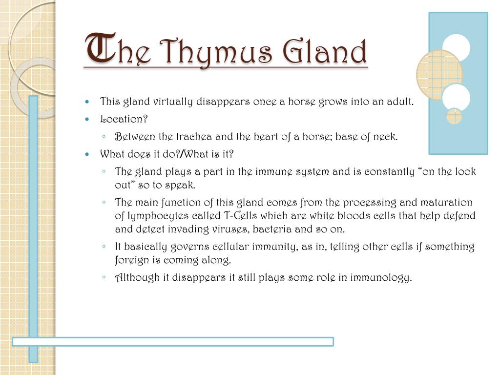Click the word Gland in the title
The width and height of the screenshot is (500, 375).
click(325, 51)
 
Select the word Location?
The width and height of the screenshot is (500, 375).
click(124, 119)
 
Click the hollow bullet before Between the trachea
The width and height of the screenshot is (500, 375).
click(104, 137)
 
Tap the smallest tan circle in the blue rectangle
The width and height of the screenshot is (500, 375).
click(454, 116)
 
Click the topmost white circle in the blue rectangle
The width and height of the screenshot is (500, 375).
click(457, 48)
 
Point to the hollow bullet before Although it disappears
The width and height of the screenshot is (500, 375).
click(104, 277)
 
